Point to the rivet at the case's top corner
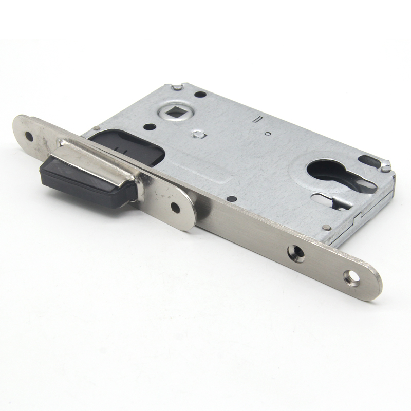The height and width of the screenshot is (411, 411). pos(176,88)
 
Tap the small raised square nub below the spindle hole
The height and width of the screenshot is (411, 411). pos(198,135)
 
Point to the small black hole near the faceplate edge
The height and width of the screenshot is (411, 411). pos(233,198)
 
